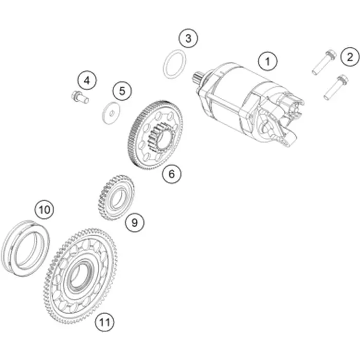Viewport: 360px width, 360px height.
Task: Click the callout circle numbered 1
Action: (268, 62)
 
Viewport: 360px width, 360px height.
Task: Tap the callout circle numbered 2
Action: (350, 57)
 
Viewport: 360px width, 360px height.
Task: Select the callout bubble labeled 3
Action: (188, 39)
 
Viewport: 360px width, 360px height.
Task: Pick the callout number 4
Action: (87, 81)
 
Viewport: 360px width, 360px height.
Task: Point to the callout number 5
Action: (122, 91)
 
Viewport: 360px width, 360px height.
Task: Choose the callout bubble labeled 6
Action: (172, 174)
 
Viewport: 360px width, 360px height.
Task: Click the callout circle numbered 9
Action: (135, 222)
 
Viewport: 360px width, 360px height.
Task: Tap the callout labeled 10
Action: (44, 210)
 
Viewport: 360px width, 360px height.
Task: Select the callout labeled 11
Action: (105, 322)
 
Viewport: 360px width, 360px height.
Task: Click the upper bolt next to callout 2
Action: (324, 62)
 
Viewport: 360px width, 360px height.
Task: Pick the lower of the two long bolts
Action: (336, 87)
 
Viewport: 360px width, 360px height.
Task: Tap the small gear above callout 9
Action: (116, 197)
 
